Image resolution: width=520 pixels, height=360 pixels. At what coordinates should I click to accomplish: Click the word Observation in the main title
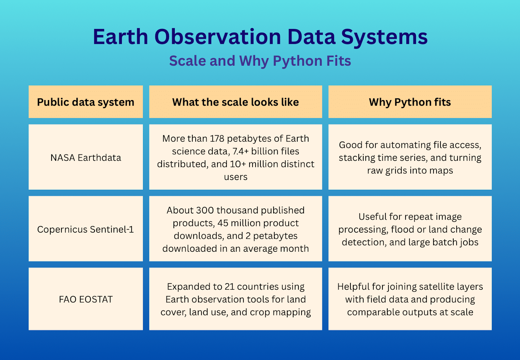217,37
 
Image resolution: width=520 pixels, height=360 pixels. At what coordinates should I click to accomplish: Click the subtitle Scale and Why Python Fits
260,61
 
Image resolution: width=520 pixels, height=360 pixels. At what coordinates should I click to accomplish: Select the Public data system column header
86,102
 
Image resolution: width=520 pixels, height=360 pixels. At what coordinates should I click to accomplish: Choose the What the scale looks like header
235,102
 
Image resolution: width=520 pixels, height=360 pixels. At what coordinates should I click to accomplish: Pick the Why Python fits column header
410,102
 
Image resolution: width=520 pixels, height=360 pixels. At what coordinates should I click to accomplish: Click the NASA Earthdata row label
86,158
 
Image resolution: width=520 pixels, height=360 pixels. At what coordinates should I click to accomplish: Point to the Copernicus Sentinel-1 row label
85,230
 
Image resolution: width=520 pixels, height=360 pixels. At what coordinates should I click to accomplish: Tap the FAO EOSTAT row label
86,300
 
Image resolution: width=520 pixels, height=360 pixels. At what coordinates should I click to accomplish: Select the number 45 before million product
223,223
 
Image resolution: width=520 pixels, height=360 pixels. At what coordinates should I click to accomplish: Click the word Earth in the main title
121,37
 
